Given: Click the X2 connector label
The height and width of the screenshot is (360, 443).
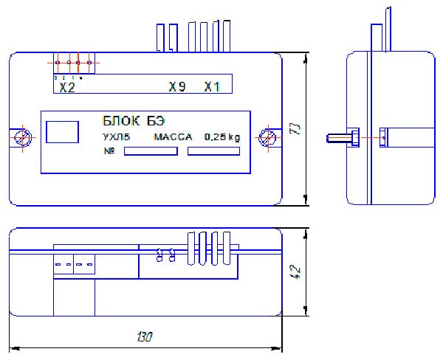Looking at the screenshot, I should click(67, 87).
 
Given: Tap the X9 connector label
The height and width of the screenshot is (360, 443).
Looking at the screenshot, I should click(176, 87).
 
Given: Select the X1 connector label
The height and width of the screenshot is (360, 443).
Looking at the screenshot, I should click(213, 87).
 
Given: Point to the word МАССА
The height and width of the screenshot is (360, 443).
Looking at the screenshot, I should click(172, 136).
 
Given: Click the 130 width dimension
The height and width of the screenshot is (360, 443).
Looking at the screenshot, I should click(145, 338).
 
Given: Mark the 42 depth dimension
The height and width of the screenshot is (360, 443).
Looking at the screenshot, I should click(297, 272).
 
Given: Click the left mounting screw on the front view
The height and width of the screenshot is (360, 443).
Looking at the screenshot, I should click(23, 137).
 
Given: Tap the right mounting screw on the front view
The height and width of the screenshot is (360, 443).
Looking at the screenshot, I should click(269, 137).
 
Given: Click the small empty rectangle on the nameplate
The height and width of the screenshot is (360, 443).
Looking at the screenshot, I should click(62, 131).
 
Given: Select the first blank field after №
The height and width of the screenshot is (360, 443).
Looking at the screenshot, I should click(151, 151).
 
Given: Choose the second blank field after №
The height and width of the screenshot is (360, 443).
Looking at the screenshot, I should click(214, 151).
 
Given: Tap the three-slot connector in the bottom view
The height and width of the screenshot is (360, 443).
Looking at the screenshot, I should click(74, 263).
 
